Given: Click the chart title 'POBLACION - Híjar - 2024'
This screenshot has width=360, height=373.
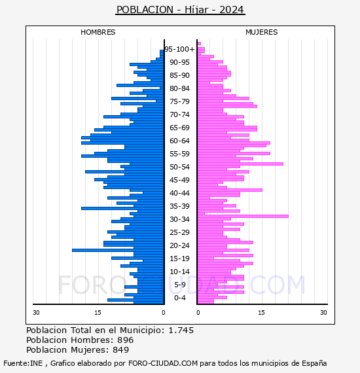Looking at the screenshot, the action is (180, 10).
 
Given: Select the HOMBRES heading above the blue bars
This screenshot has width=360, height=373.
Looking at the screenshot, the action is (98, 32).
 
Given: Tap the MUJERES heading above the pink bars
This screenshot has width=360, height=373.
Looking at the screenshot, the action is (262, 32).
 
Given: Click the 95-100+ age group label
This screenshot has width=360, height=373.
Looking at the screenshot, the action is (179, 49).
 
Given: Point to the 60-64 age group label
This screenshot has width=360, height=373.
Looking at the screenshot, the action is (179, 141).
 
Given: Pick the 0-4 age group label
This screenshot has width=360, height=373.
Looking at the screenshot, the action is (179, 298).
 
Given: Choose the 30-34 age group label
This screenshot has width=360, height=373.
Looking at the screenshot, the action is (179, 219).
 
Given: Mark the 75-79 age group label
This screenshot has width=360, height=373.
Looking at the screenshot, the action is (179, 101).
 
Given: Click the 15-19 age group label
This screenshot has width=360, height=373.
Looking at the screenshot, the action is (179, 258).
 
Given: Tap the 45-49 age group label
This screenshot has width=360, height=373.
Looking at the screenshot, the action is (179, 180).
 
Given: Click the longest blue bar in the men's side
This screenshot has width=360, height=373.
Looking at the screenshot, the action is (118, 250).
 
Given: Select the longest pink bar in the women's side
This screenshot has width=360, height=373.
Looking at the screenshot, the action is (243, 216).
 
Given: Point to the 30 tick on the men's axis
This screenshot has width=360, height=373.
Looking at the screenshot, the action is (36, 312).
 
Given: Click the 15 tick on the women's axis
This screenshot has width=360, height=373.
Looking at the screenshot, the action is (261, 312).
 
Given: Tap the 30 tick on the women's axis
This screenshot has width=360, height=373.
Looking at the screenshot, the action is (323, 312).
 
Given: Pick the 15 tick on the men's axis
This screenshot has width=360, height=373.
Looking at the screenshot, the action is (98, 312).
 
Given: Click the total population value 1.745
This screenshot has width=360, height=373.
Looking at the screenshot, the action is (181, 330).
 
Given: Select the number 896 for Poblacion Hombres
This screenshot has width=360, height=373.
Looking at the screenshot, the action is (126, 340).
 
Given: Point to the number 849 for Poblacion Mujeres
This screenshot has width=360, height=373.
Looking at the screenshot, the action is (121, 349).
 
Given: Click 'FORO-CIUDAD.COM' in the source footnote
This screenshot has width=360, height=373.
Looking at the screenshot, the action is (163, 363).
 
